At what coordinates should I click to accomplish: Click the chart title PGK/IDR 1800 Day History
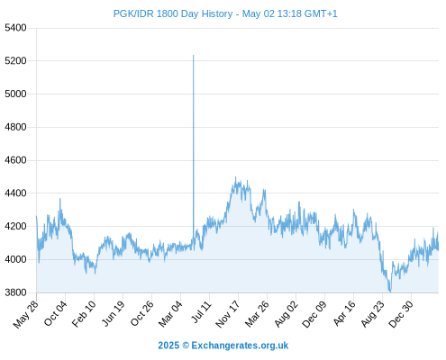click(x=173, y=13)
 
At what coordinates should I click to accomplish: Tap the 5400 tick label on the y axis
click(x=15, y=28)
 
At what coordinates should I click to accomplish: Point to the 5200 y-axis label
click(x=15, y=61)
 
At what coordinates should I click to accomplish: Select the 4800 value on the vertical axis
click(x=15, y=127)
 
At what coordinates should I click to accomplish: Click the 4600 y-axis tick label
click(x=15, y=160)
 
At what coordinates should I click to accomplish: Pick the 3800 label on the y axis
click(x=15, y=292)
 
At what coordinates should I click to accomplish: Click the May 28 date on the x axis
click(x=26, y=313)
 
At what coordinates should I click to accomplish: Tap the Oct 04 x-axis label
click(x=55, y=313)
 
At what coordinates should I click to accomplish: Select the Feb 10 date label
click(x=84, y=313)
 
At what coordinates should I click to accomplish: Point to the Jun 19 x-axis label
click(x=113, y=313)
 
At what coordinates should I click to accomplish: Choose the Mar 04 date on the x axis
click(x=170, y=313)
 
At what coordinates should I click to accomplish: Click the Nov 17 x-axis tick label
click(x=227, y=314)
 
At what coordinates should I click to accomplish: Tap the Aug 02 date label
click(x=286, y=314)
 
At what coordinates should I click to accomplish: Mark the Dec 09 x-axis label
click(x=314, y=314)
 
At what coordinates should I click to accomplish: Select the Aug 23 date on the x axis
click(x=372, y=314)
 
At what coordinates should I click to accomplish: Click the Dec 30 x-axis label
click(x=401, y=314)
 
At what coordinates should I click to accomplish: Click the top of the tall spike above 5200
click(x=194, y=55)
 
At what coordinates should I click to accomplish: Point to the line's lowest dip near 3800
click(x=390, y=292)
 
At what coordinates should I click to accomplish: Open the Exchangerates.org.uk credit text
click(x=240, y=346)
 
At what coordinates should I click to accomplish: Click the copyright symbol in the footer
click(x=186, y=346)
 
